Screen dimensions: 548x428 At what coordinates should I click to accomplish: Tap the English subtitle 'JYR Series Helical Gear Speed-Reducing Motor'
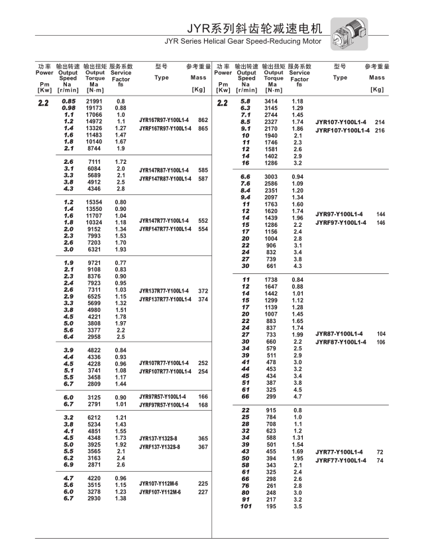(x=243, y=41)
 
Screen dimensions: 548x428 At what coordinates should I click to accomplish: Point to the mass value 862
(x=203, y=119)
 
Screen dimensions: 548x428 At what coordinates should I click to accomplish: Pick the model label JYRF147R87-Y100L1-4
(x=165, y=178)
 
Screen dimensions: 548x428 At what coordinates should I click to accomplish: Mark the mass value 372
(x=203, y=291)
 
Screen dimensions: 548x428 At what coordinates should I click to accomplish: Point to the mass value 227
(x=203, y=492)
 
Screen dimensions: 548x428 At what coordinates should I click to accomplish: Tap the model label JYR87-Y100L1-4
(x=339, y=334)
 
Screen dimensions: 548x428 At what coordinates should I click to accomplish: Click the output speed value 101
(x=246, y=506)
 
